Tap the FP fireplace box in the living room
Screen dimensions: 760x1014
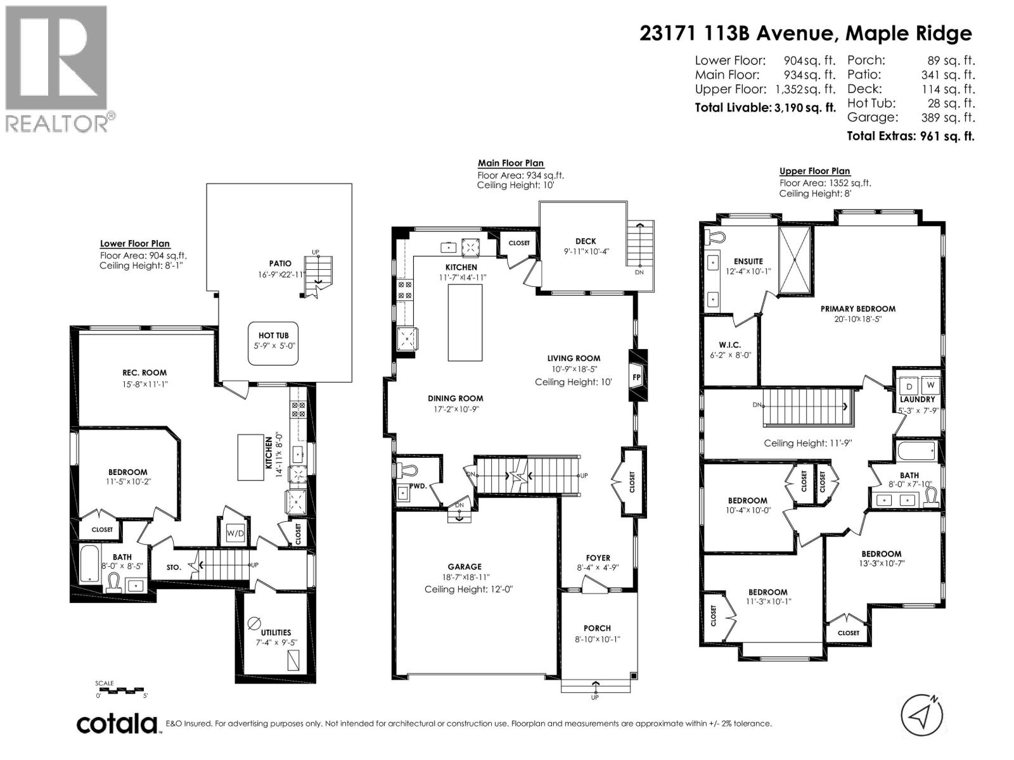[x=638, y=376]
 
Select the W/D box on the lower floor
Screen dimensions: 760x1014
[x=235, y=533]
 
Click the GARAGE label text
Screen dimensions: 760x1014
[x=465, y=567]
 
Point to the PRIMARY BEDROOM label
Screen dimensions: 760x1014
[x=858, y=309]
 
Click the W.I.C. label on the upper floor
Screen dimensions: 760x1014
[x=730, y=345]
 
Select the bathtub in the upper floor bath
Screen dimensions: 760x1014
[x=916, y=451]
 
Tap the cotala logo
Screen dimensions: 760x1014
[x=117, y=724]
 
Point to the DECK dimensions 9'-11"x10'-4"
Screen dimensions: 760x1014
[x=586, y=251]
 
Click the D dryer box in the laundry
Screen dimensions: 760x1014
[x=909, y=386]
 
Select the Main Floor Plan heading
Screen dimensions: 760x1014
[x=511, y=163]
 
